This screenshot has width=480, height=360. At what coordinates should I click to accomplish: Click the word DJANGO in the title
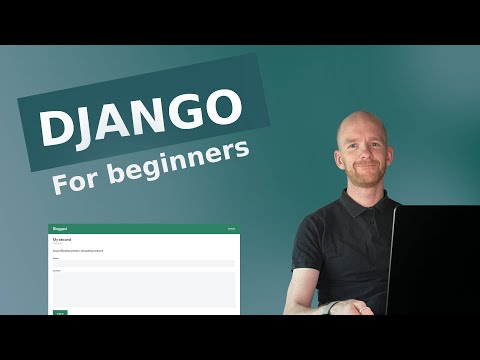[141, 121]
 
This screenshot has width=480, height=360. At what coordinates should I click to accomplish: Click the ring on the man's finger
[349, 305]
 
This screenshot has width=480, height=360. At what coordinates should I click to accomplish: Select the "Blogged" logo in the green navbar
[60, 229]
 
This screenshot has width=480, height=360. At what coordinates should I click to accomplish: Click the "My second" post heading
[63, 240]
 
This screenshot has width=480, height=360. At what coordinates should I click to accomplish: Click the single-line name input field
[143, 264]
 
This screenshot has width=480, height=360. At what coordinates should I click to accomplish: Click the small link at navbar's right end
[231, 229]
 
